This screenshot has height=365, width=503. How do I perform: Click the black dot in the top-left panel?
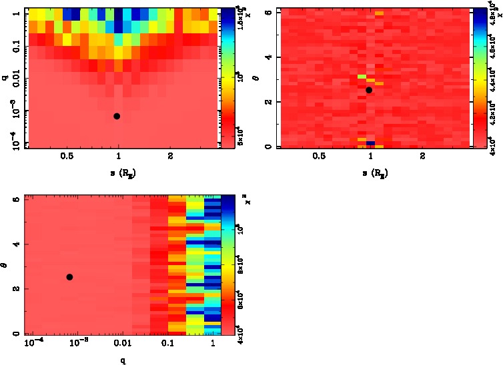pos(117,116)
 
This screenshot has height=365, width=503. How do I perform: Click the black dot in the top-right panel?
pos(369,90)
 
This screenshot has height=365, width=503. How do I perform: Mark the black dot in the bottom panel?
pos(69,277)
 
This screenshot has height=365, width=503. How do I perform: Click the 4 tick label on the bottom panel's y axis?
pos(15,244)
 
